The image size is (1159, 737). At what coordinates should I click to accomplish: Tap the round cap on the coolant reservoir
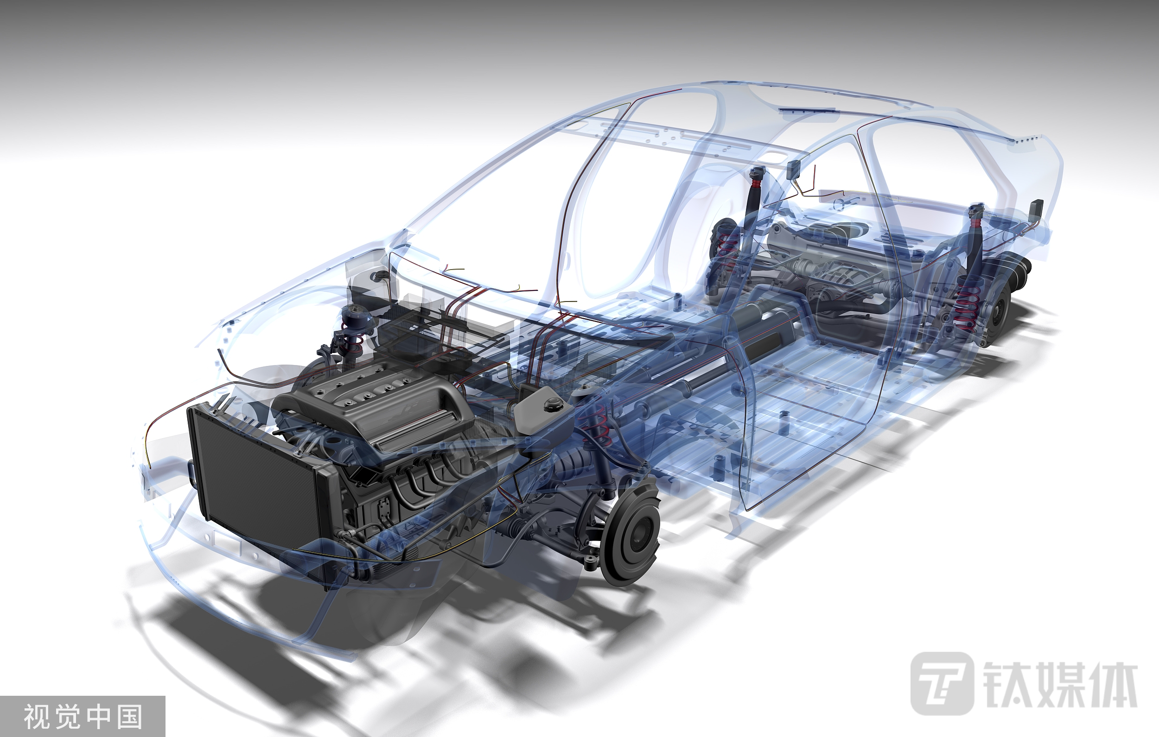click(x=552, y=404)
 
